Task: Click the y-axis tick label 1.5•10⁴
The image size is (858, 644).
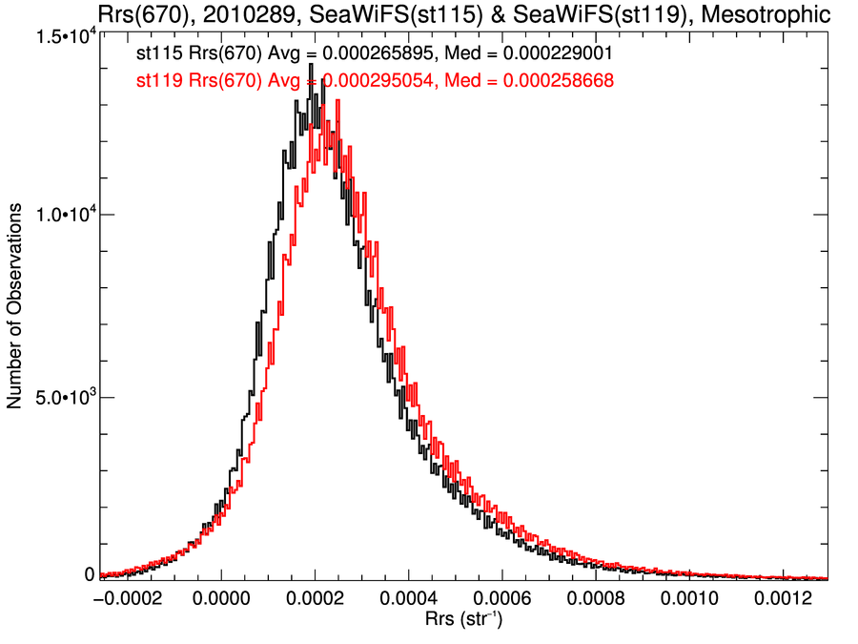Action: tap(61, 36)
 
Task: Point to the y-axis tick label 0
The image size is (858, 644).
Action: tap(90, 574)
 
